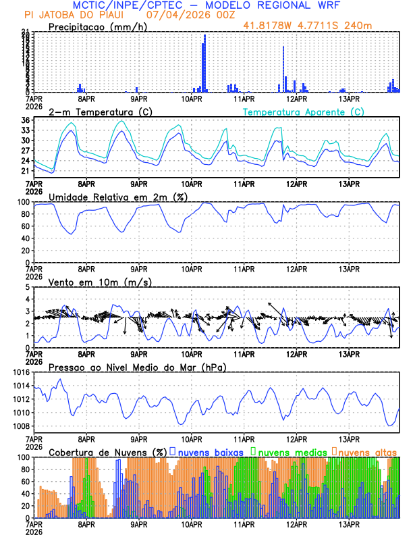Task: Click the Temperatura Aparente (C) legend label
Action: click(x=303, y=111)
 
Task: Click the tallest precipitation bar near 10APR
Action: click(x=204, y=63)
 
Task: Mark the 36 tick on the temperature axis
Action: click(x=24, y=121)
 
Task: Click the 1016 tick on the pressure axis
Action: click(x=20, y=372)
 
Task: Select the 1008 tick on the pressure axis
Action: click(x=20, y=426)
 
